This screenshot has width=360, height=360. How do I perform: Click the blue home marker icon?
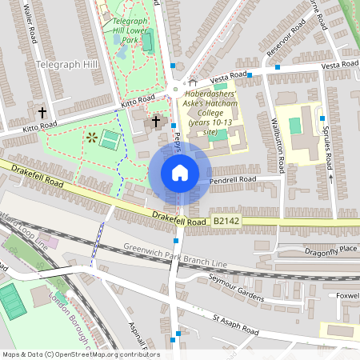180,173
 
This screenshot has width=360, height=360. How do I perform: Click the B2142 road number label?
227,221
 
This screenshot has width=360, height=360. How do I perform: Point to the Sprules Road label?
326,140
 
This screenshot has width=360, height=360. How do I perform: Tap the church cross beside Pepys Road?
156,122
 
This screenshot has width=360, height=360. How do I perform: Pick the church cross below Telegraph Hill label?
42,113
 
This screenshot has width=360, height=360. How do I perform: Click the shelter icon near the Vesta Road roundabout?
192,82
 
